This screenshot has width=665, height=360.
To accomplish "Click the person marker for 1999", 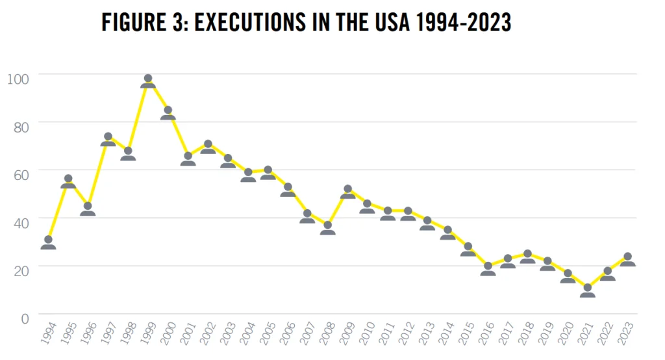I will click(x=148, y=81).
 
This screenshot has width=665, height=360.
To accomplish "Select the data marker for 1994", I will click(x=48, y=242).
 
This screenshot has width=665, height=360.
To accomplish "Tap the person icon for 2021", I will click(x=587, y=290).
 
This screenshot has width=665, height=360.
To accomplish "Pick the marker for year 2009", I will click(x=347, y=192).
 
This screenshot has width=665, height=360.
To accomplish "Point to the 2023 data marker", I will click(x=627, y=259).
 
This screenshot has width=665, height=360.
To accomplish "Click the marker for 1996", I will click(x=88, y=209).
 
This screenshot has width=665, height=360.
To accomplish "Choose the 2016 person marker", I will click(x=488, y=269).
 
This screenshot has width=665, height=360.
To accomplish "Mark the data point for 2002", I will click(x=208, y=147).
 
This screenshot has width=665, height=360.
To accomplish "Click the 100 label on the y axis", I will click(x=18, y=79).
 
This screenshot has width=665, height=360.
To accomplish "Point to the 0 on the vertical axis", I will click(x=25, y=318).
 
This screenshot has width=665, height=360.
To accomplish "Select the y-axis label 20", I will click(x=21, y=270).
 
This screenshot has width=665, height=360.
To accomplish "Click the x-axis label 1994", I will click(x=47, y=335).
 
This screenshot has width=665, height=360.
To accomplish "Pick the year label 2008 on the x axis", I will click(x=327, y=335).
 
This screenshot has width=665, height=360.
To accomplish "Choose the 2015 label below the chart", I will click(x=466, y=335).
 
